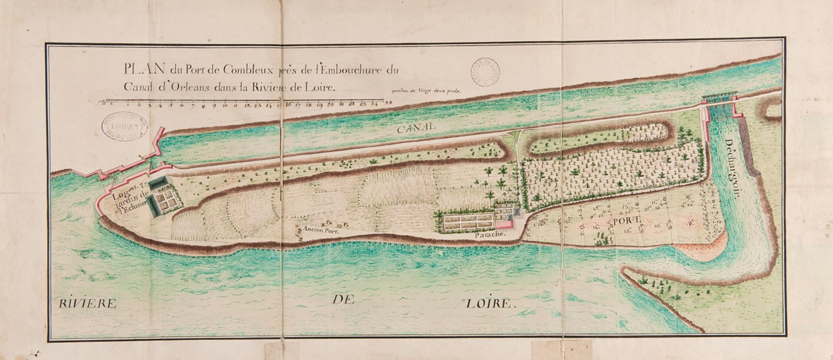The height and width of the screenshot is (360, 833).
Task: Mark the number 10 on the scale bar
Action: point(225,105)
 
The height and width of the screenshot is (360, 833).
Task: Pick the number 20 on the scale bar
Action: point(331,105)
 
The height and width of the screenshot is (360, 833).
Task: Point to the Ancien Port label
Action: point(319,229)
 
